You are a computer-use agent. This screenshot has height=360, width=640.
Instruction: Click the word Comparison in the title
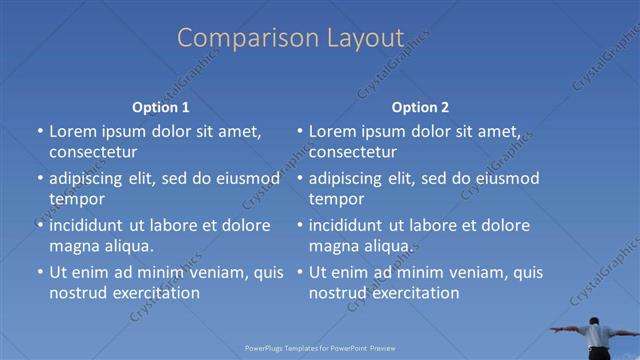[238, 38]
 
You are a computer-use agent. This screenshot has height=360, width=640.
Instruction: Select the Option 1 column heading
[160, 107]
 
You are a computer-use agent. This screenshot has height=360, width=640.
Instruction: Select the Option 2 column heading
[420, 107]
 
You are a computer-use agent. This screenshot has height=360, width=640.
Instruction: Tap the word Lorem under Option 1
[73, 131]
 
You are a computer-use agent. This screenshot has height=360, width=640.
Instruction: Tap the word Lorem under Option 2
[333, 131]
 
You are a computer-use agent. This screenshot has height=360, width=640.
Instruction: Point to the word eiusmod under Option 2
[505, 179]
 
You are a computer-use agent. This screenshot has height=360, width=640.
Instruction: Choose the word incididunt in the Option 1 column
[93, 225]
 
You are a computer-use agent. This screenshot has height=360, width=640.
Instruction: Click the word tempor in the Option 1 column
[75, 199]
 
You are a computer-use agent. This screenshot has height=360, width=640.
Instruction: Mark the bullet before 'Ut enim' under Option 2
[299, 272]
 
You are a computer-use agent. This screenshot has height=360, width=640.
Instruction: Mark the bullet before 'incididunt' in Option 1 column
[39, 225]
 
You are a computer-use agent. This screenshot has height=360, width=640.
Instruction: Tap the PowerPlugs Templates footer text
[319, 348]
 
